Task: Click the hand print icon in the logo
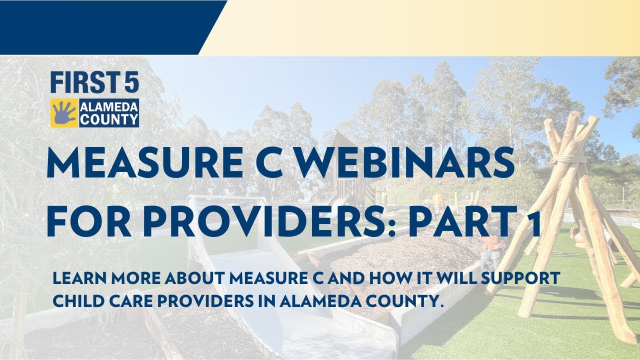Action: (x=64, y=112)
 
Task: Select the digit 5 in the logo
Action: (x=131, y=83)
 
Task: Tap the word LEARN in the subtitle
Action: (x=75, y=278)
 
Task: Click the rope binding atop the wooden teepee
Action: (x=568, y=160)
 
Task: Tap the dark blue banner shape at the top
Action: (x=100, y=25)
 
